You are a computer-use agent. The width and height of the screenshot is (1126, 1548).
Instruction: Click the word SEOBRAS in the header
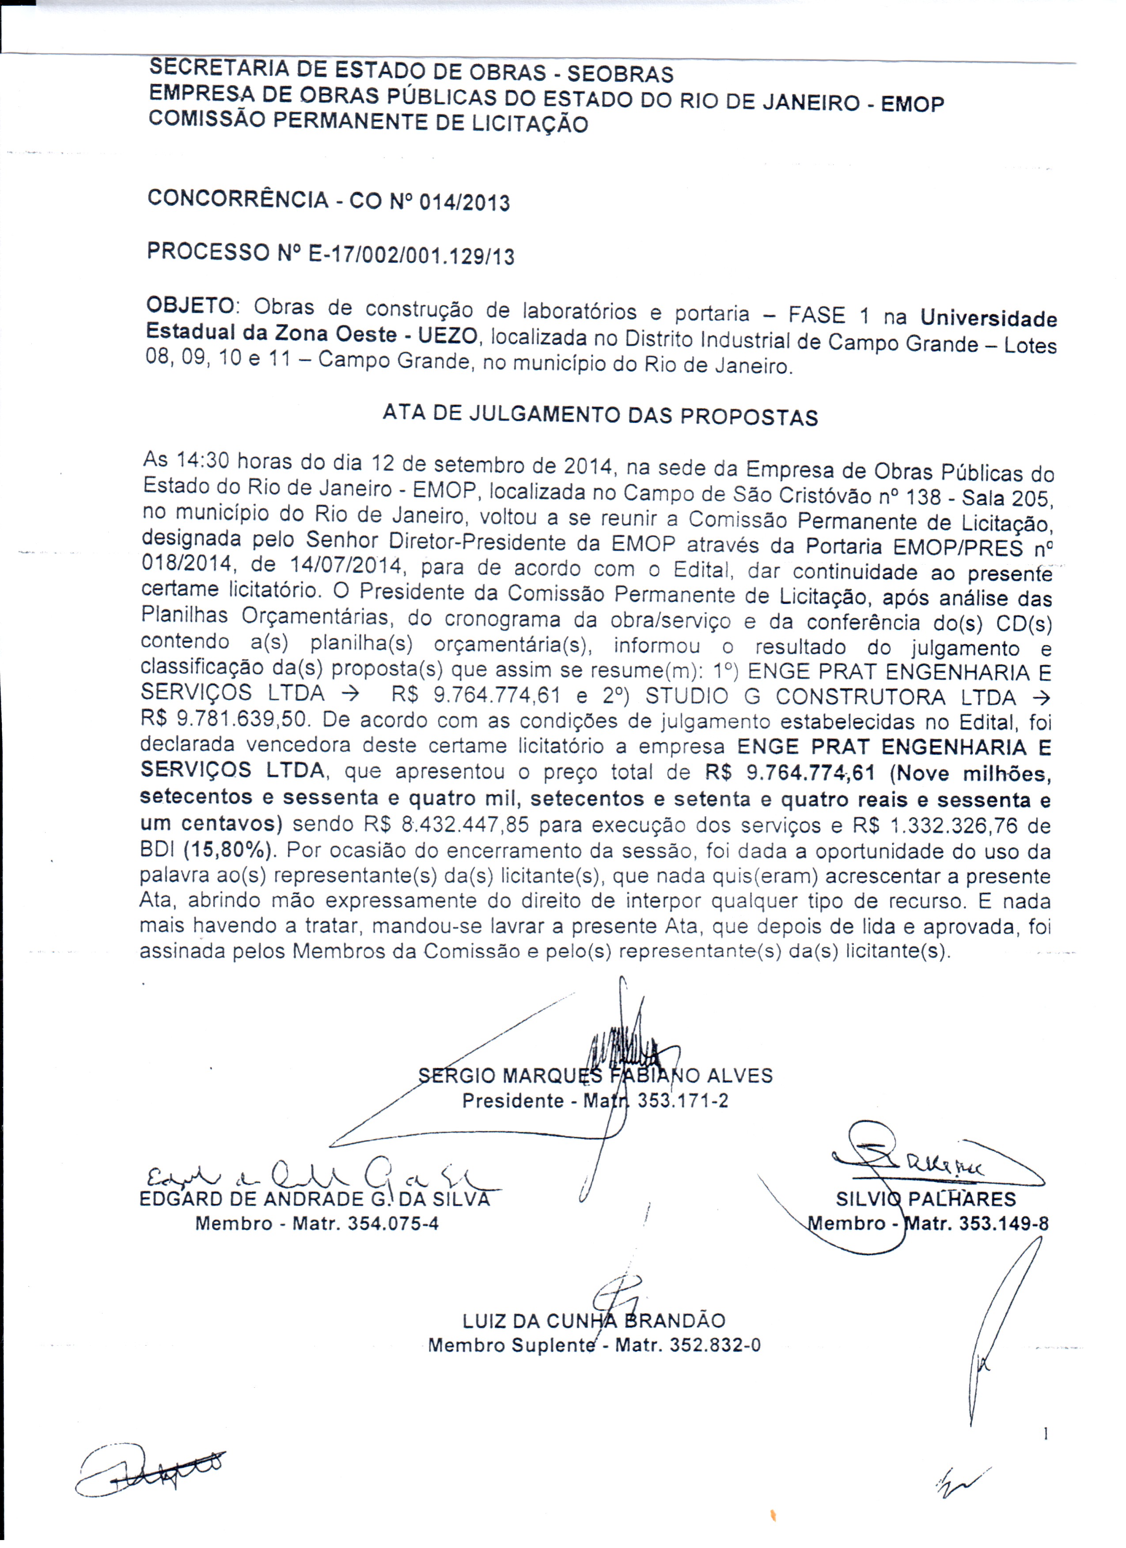[620, 74]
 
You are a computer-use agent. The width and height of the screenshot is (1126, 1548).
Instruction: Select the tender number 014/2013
[464, 203]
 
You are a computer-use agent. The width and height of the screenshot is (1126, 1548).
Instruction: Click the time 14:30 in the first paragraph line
[204, 461]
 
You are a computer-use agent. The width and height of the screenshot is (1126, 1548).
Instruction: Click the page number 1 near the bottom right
[1046, 1435]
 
